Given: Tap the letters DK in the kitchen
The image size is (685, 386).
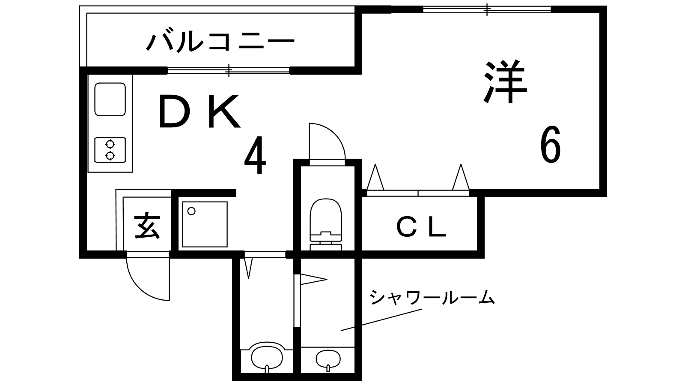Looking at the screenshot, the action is pyautogui.click(x=199, y=111).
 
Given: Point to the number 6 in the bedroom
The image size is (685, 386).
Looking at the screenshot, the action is pyautogui.click(x=551, y=144).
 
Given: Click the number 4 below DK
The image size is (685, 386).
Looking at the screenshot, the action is pyautogui.click(x=255, y=155).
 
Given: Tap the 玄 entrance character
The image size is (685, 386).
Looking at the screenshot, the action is pyautogui.click(x=147, y=226).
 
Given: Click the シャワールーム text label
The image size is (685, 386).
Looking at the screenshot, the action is pyautogui.click(x=432, y=297).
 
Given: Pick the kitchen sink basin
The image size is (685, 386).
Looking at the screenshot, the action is pyautogui.click(x=110, y=99).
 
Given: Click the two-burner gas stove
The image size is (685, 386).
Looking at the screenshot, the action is pyautogui.click(x=110, y=150).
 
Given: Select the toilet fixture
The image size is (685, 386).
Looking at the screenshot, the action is pyautogui.click(x=326, y=224).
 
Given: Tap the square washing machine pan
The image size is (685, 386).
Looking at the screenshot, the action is pyautogui.click(x=205, y=224).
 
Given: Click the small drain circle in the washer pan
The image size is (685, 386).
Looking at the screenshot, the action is pyautogui.click(x=191, y=211).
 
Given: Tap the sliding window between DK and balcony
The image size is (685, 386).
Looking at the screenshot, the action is pyautogui.click(x=229, y=70).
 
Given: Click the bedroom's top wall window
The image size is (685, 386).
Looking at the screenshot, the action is pyautogui.click(x=487, y=9).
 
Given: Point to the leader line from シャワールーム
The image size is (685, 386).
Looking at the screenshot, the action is pyautogui.click(x=381, y=320).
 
